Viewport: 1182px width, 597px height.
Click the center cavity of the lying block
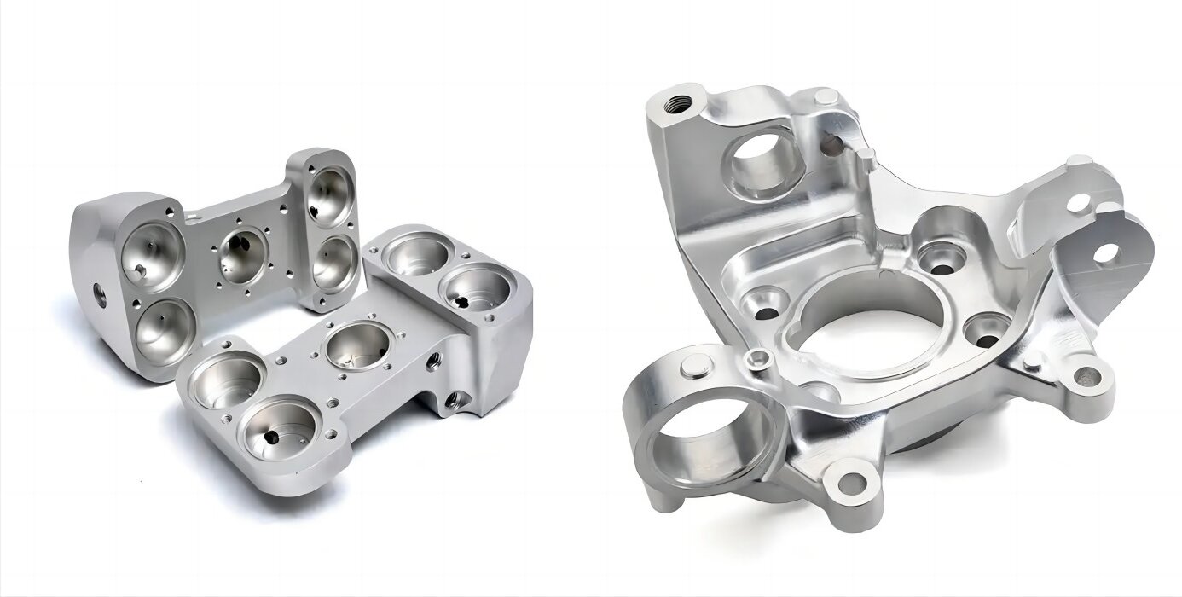pyautogui.click(x=356, y=345)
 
